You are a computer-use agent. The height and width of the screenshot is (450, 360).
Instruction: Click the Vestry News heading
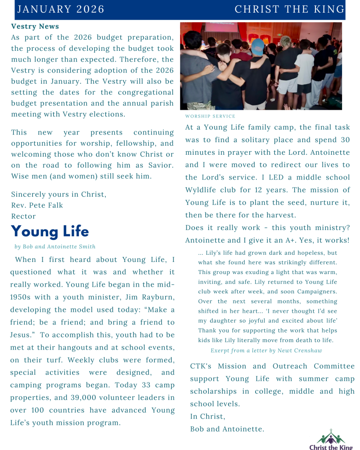[x=35, y=27]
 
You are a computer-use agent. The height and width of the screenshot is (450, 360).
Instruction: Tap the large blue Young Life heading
[x=50, y=231]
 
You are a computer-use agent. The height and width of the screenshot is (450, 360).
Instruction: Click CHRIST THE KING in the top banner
[x=289, y=9]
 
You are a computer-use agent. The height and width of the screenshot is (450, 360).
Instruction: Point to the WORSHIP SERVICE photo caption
[x=210, y=116]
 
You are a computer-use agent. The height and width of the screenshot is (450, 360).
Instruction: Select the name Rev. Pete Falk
[x=37, y=205]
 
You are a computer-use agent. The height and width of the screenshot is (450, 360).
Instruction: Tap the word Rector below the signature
[x=23, y=216]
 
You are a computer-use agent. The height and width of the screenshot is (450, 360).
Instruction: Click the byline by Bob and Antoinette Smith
[x=55, y=247]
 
